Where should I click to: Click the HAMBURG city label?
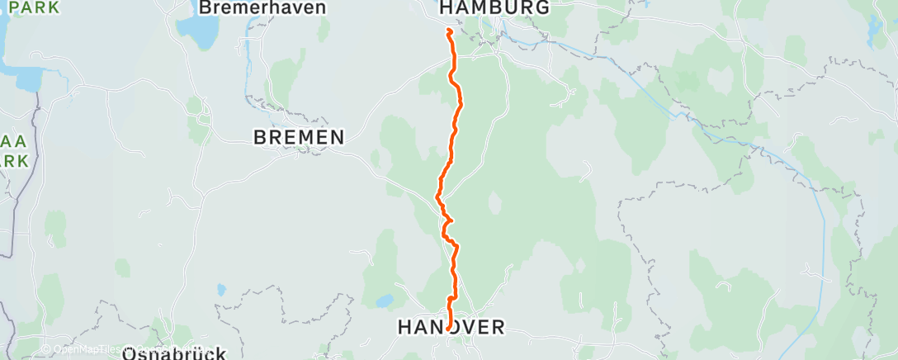[494, 7]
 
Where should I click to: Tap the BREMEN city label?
[299, 138]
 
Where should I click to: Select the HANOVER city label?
[451, 328]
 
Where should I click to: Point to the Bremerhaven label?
[262, 7]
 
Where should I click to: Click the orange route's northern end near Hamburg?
[448, 31]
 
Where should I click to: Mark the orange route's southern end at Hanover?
[448, 329]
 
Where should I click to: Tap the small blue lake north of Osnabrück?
[221, 289]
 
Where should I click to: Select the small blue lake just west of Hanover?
[383, 300]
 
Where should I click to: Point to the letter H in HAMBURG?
[446, 7]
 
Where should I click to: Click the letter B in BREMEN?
[259, 138]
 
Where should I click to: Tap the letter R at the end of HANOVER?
[498, 328]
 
